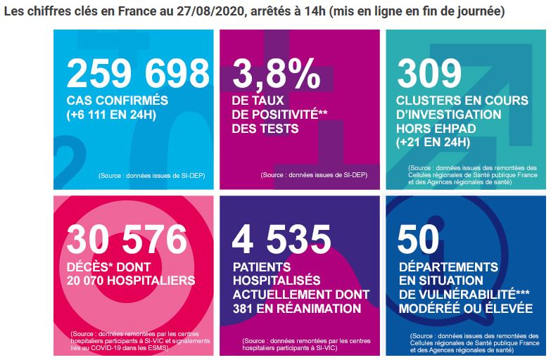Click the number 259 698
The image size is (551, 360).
138,73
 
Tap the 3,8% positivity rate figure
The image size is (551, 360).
276,73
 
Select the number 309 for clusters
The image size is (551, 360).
429,73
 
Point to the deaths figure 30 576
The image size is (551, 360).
127,239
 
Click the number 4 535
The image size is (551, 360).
281,239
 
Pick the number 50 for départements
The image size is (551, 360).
418,239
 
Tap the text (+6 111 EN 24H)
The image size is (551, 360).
111,115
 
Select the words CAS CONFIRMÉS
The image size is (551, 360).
118,101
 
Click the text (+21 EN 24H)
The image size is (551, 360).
433,142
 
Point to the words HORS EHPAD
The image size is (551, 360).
436,129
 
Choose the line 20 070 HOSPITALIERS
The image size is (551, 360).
131,281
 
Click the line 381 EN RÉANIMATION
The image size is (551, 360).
297,309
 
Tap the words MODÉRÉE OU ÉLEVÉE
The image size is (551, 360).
466,308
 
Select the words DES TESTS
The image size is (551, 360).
265,129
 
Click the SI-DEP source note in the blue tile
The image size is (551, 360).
151,176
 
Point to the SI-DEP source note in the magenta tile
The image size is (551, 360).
314,175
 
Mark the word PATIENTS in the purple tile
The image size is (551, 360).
262,267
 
